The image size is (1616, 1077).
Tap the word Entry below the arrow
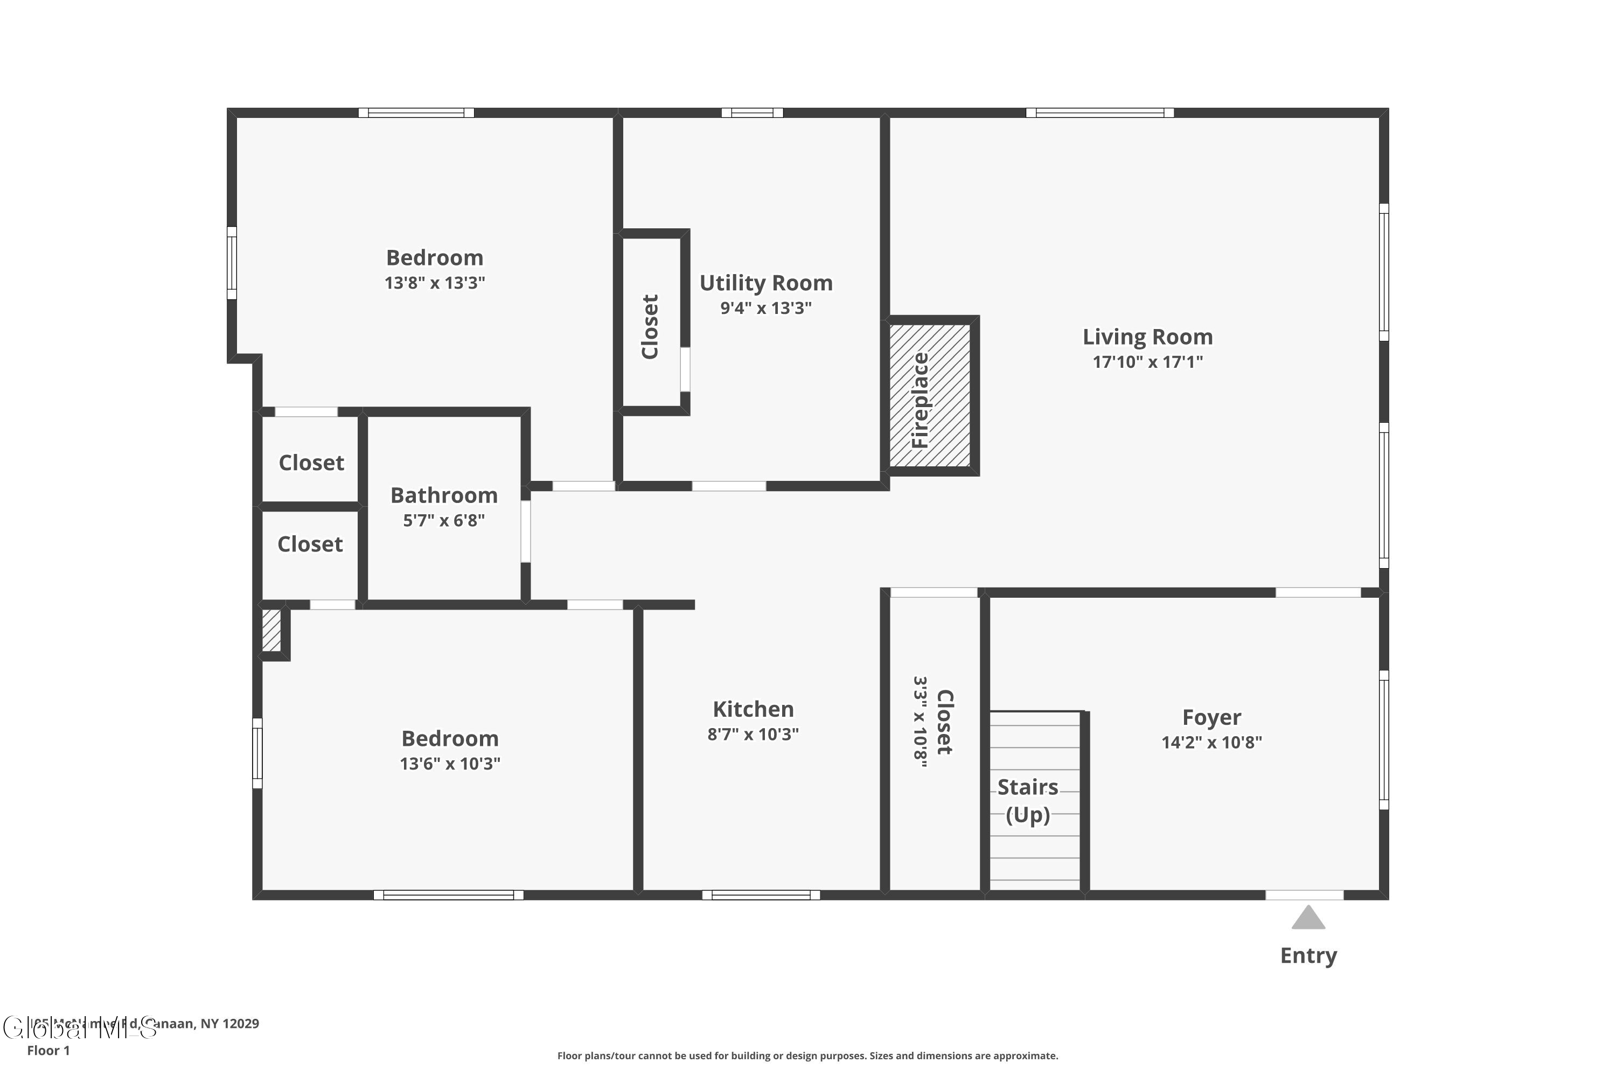[1308, 955]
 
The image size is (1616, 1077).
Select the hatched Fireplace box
[930, 396]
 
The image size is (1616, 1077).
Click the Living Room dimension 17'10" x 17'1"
[1147, 362]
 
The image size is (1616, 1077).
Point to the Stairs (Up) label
[1027, 800]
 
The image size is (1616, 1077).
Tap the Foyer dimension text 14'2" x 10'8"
[1211, 743]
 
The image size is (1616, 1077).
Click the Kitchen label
[753, 709]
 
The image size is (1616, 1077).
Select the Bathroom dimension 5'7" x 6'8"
[444, 521]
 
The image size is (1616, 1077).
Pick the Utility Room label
[765, 283]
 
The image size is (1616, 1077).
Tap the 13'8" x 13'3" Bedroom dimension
[434, 283]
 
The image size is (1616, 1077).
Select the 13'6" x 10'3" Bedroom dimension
[450, 764]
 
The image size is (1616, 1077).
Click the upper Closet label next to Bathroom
[311, 463]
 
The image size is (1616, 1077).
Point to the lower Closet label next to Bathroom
[310, 544]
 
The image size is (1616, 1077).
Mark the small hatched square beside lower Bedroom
[271, 630]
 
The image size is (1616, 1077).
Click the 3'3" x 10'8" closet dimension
[920, 722]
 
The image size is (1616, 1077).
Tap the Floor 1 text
[48, 1050]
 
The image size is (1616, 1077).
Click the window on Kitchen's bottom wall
[761, 895]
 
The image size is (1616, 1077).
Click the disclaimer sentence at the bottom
[807, 1055]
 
